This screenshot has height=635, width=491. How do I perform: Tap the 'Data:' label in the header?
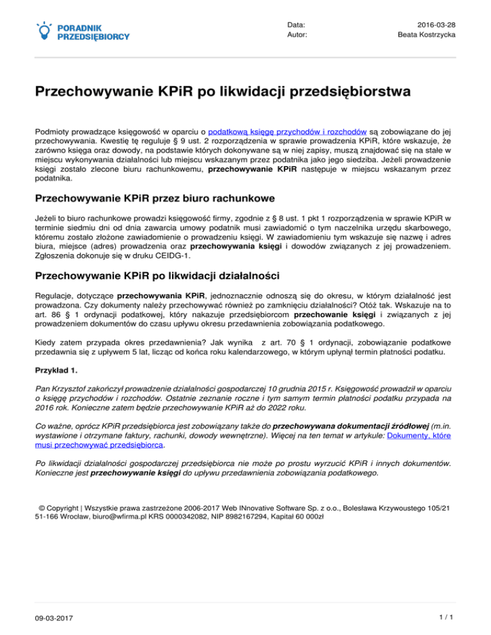(x=297, y=24)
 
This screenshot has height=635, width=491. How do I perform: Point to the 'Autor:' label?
(x=297, y=34)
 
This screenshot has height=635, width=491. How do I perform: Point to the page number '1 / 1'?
(x=445, y=618)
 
